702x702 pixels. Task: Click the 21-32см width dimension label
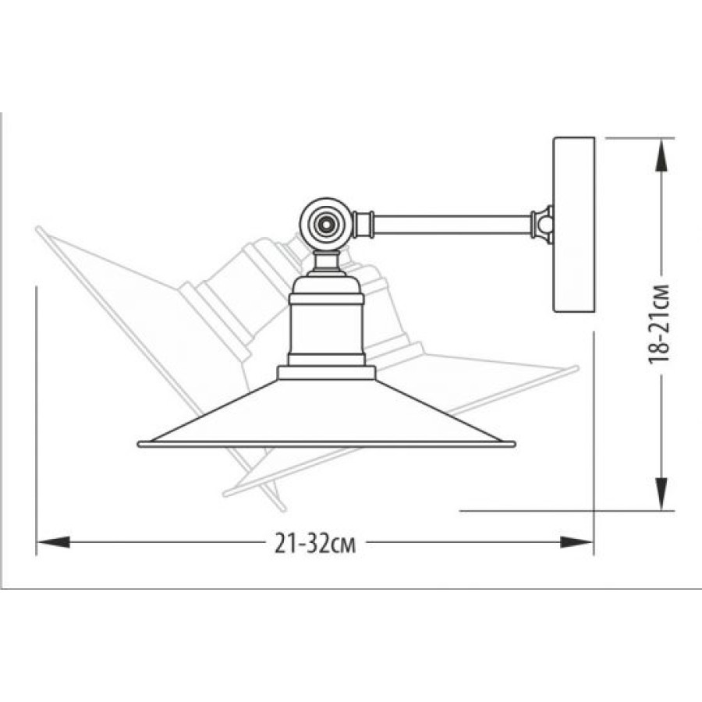(315, 544)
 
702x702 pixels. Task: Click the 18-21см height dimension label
(659, 323)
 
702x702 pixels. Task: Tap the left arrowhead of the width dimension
(54, 542)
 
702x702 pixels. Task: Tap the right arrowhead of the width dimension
(577, 542)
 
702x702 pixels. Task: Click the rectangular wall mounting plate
(574, 225)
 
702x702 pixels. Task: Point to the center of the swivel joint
(324, 222)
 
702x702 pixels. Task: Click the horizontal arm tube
(452, 222)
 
